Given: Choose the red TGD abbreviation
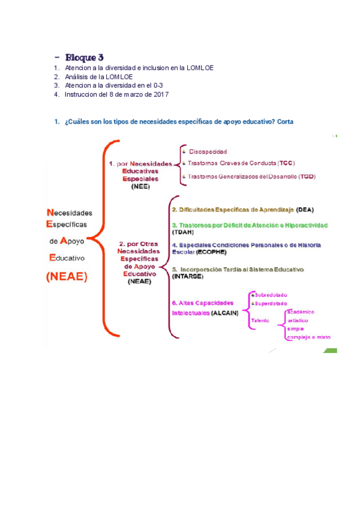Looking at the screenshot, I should (307, 176).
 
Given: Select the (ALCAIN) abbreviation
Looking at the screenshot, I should (224, 313).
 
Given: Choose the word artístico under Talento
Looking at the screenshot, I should (300, 321).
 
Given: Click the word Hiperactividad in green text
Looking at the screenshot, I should (304, 225).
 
